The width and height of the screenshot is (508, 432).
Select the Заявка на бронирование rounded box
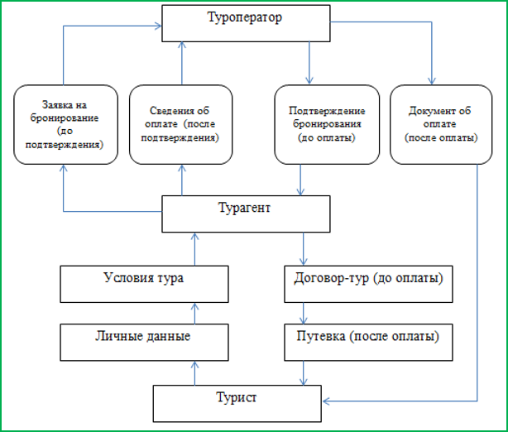(61, 125)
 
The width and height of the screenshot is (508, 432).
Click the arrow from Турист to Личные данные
(195, 372)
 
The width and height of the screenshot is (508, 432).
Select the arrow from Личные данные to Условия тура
(195, 312)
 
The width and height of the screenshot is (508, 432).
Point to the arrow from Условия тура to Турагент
(195, 248)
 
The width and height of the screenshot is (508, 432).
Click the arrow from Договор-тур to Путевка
(305, 312)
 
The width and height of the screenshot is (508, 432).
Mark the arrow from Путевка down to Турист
(305, 372)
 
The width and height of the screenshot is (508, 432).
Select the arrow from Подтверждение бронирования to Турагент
(300, 180)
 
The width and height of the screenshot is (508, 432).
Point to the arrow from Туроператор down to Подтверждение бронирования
(309, 63)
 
